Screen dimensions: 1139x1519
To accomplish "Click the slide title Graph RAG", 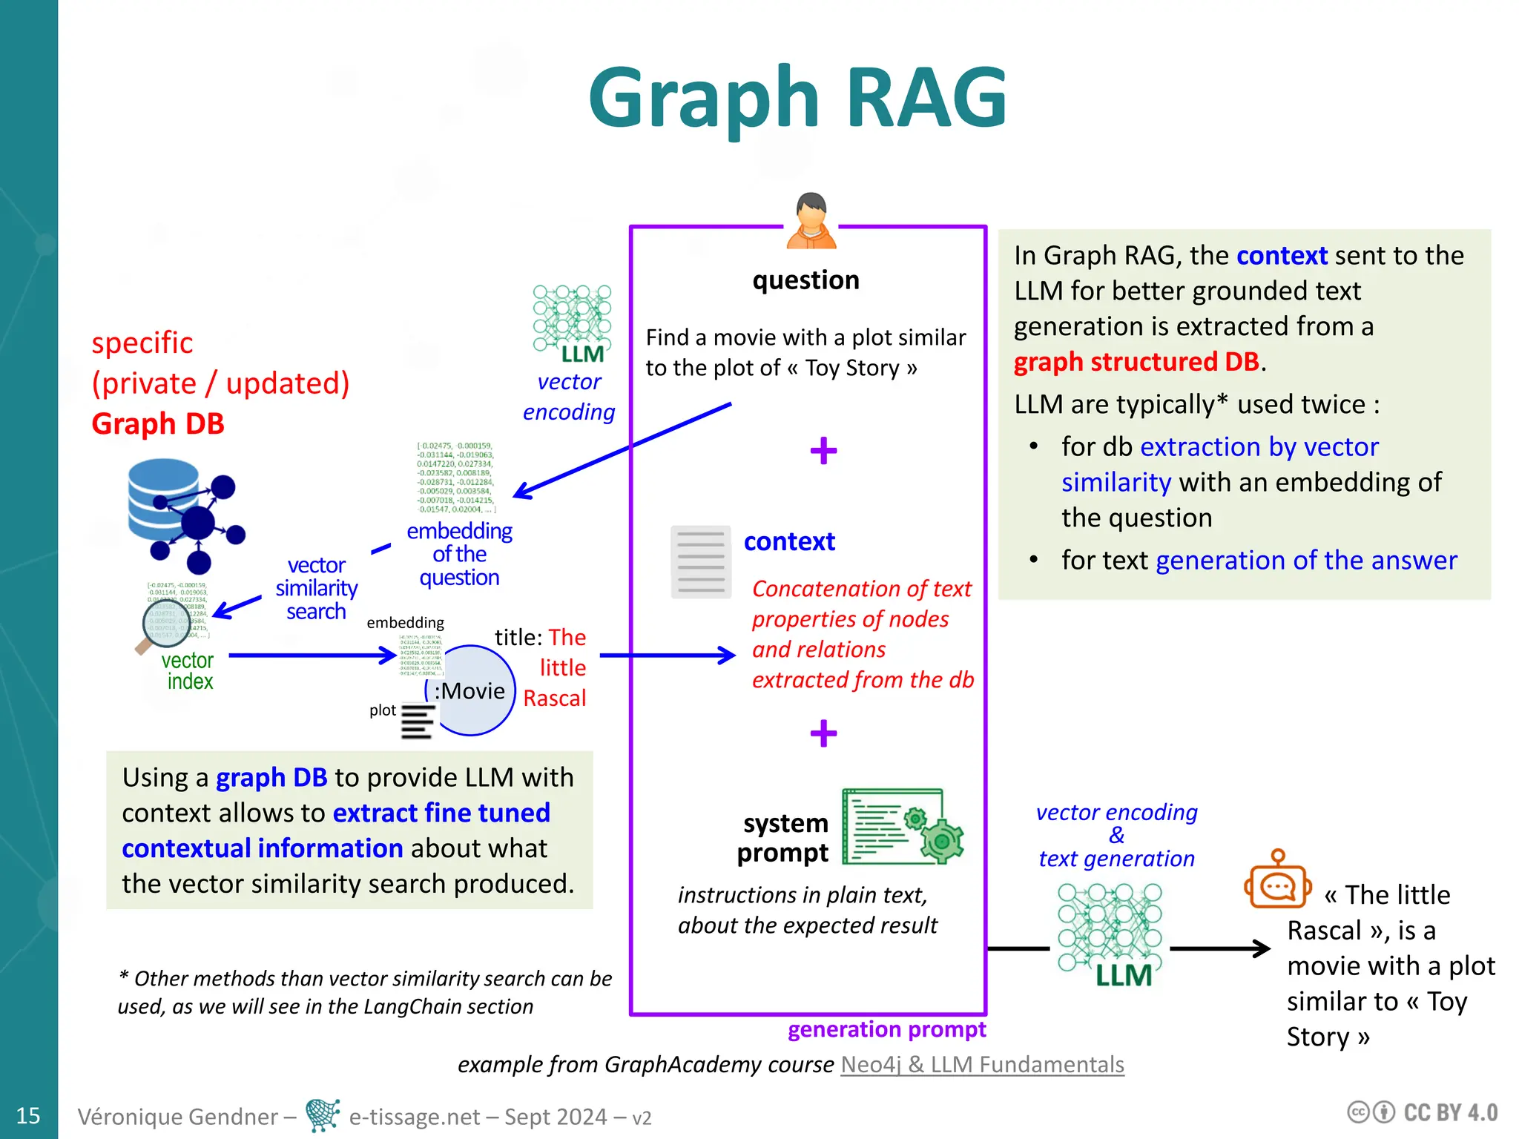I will click(797, 99).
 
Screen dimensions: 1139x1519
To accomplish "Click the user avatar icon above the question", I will click(811, 221).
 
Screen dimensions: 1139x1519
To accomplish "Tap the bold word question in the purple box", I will click(805, 280).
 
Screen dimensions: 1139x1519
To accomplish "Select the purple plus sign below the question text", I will click(823, 450).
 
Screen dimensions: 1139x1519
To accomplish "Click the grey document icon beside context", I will click(700, 562).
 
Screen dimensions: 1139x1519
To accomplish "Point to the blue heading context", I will click(789, 542).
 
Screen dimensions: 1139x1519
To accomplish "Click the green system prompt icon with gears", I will click(903, 826).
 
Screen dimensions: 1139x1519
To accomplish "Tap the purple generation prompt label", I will click(886, 1029).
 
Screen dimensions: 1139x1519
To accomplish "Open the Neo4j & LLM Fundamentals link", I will click(982, 1065).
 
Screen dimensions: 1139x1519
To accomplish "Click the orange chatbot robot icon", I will click(1277, 881).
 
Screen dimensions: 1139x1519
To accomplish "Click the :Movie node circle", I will click(471, 691).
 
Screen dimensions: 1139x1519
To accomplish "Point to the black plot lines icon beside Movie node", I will click(418, 722).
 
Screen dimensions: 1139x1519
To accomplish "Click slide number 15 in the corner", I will click(28, 1115).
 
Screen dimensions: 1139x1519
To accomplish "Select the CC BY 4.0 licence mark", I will click(1423, 1113).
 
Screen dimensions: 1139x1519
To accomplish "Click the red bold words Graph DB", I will click(158, 424).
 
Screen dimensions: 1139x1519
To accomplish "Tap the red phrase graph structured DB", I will click(1136, 362).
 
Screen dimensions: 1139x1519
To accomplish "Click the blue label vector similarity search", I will click(317, 589).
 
